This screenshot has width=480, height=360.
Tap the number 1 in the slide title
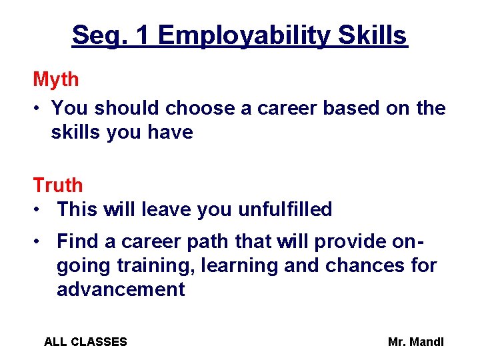[141, 35]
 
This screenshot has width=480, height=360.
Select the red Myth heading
[56, 79]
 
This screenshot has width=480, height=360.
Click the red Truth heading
[58, 185]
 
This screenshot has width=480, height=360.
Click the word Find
[79, 241]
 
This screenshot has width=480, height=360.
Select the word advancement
[121, 289]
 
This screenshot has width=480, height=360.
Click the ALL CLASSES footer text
[85, 342]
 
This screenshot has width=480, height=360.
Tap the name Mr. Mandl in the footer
[415, 342]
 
